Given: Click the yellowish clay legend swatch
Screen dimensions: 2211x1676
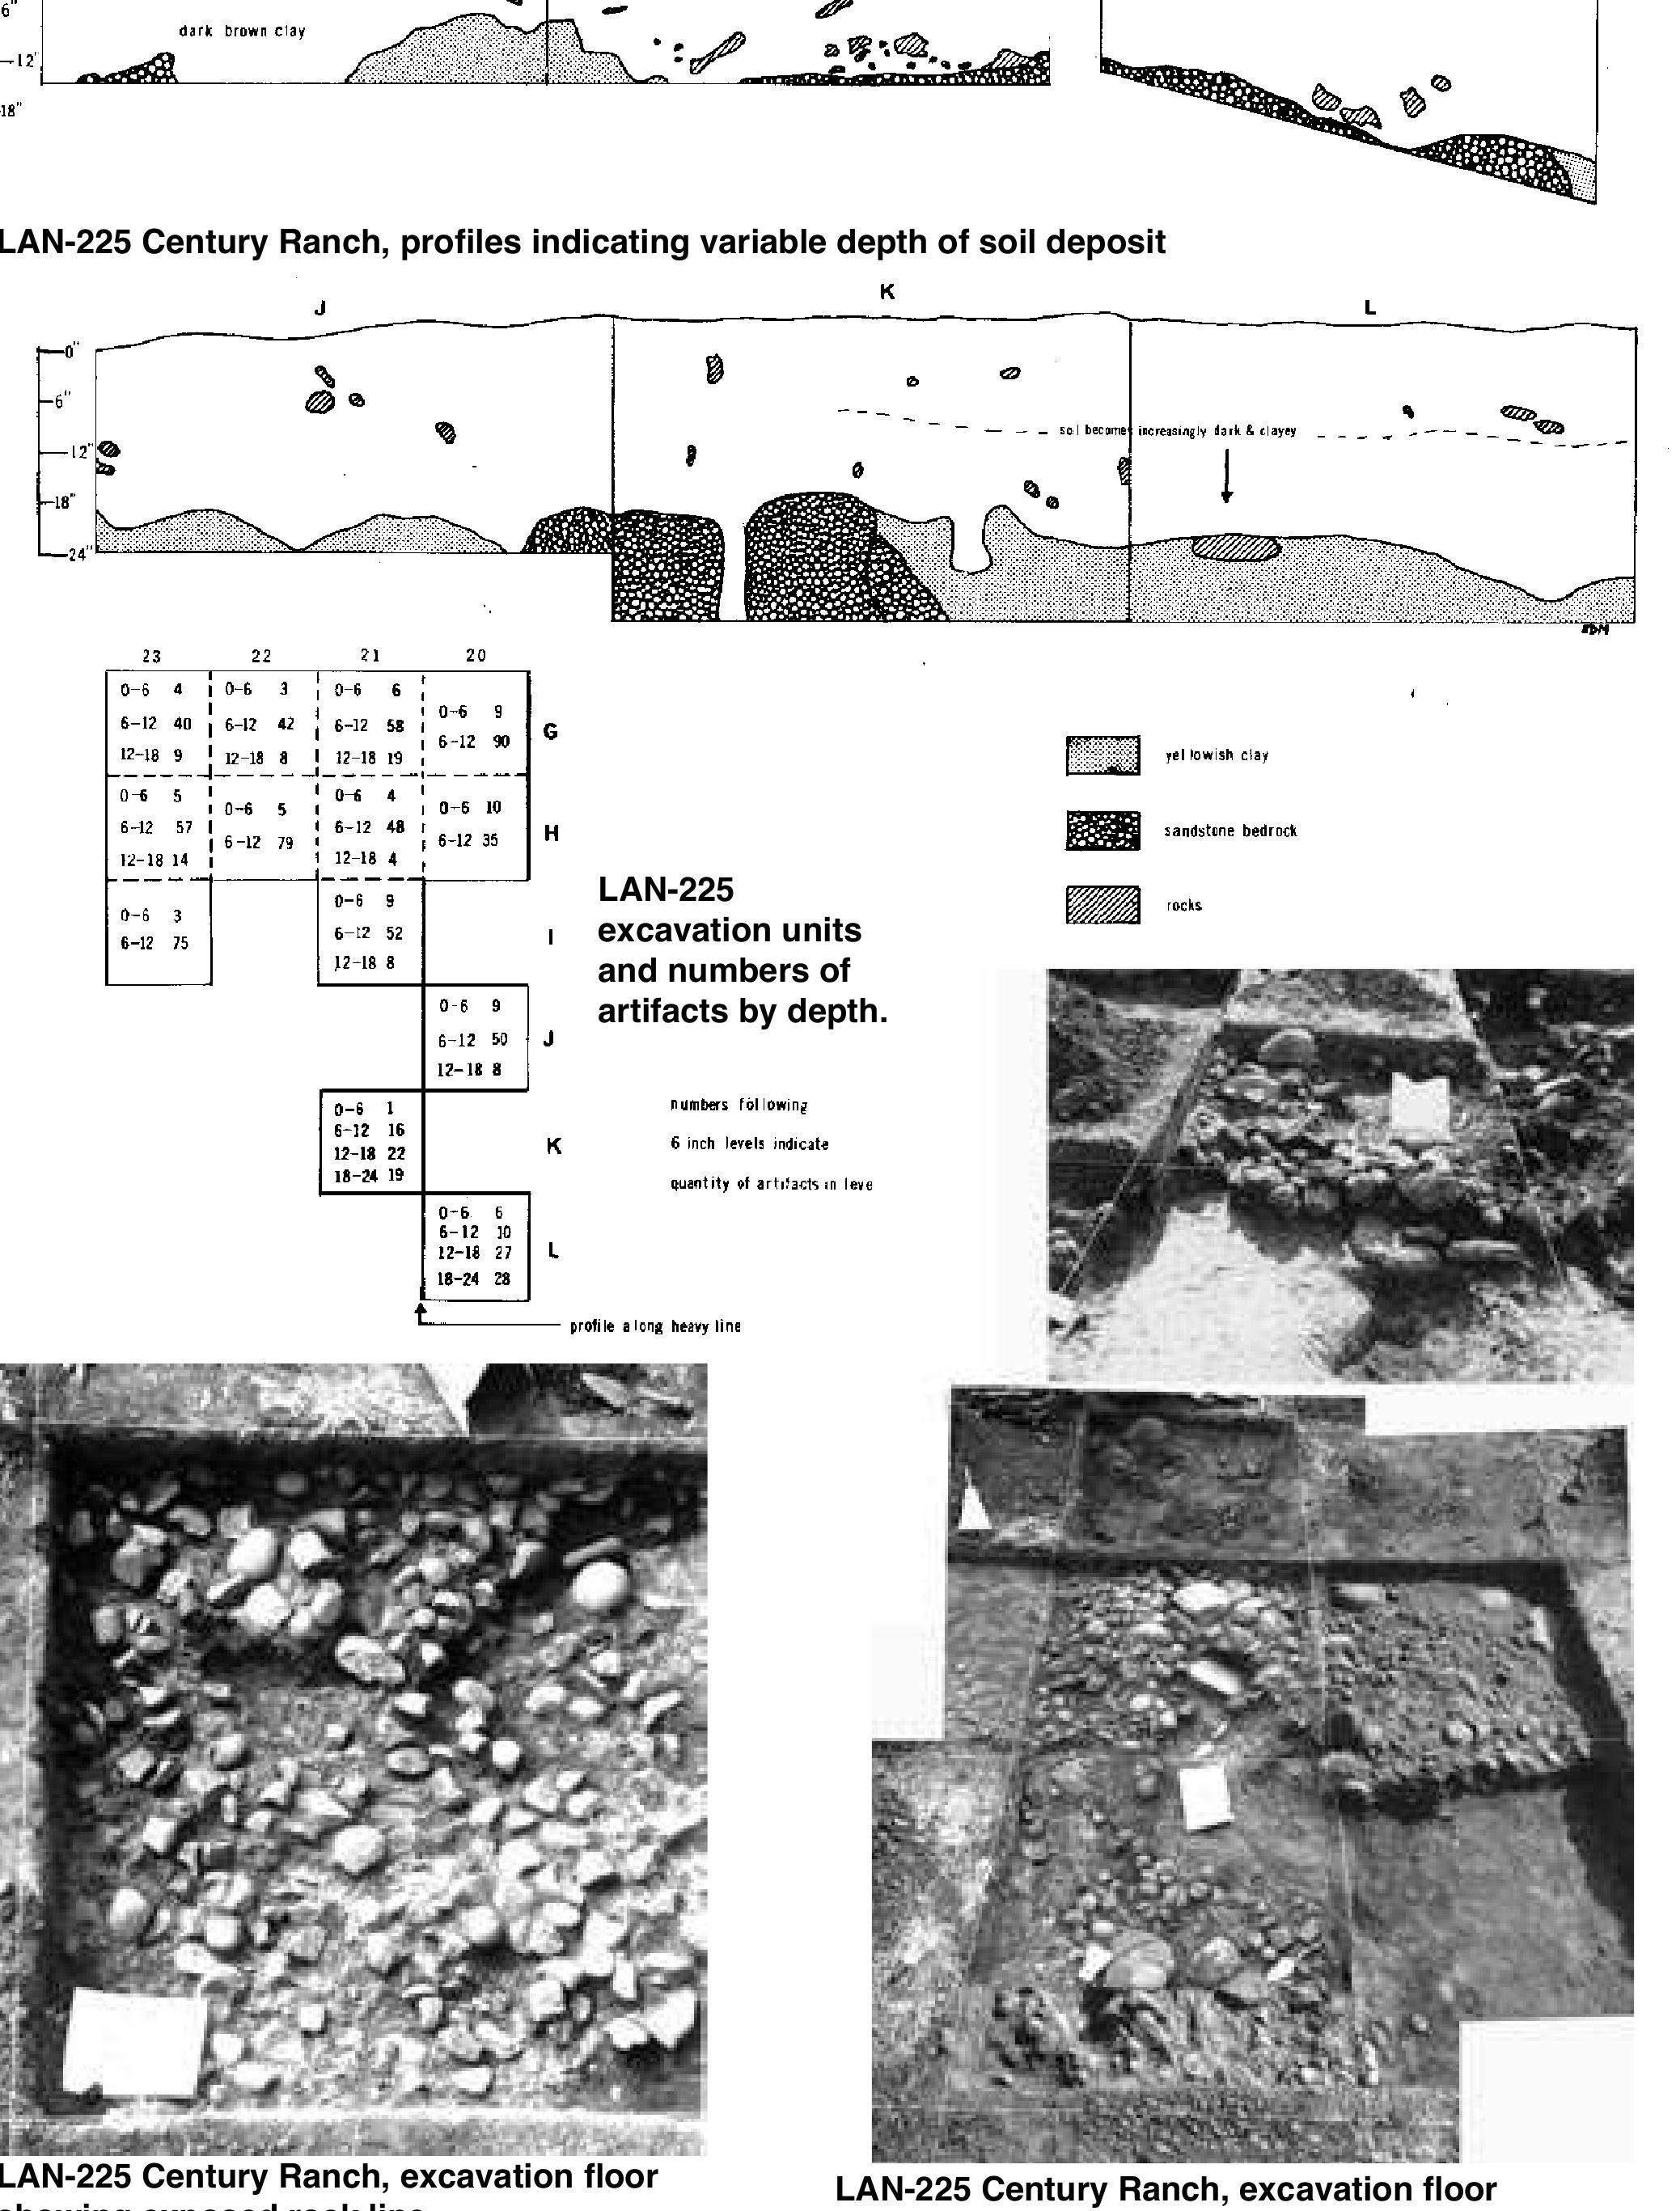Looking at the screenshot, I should (x=1102, y=755).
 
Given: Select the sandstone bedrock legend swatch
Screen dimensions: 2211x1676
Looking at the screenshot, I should (x=1102, y=831).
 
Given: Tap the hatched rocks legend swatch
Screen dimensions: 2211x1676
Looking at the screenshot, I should (x=1102, y=906).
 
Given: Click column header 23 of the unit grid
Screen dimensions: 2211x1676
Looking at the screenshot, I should (x=151, y=657).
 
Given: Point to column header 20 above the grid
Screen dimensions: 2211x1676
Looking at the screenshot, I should (x=476, y=656).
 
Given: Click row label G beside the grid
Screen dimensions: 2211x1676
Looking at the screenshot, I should (x=550, y=732).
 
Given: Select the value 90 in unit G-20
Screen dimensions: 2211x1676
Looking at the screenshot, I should (x=500, y=742).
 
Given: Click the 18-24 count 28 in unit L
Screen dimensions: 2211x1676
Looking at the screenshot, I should (x=502, y=1279).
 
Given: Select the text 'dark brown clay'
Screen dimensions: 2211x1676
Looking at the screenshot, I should (x=242, y=31).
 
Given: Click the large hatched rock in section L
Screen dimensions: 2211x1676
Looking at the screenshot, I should (x=1236, y=547).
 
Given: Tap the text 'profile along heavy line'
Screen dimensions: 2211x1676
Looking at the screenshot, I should (x=655, y=1326).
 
